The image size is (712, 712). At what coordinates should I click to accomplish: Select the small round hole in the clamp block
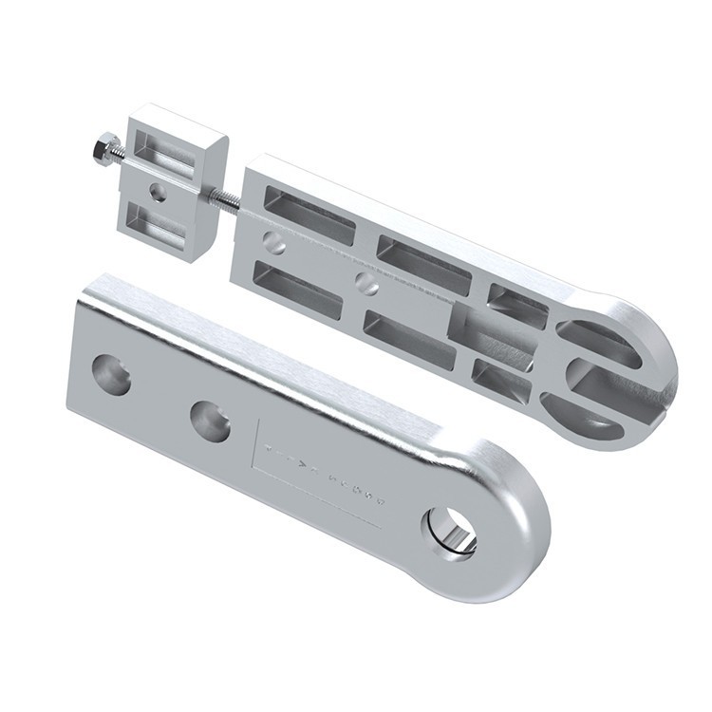point(159,193)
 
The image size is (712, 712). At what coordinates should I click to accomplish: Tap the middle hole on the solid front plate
point(210,421)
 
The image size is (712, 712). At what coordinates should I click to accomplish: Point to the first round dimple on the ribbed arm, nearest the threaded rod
point(273,243)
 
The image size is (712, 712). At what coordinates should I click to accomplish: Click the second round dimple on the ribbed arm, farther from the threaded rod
point(367,282)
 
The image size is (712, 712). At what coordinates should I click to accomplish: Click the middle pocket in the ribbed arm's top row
point(423,262)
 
